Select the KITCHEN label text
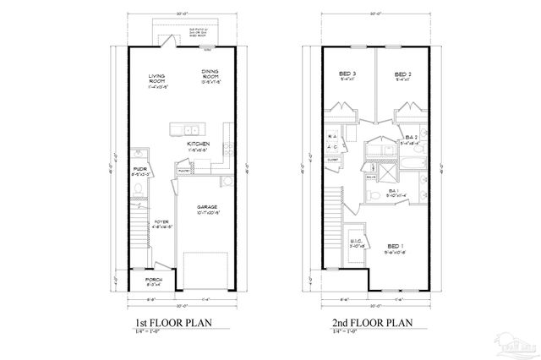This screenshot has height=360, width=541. click(199, 145)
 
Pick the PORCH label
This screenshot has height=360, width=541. click(153, 280)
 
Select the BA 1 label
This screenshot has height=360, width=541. click(394, 191)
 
